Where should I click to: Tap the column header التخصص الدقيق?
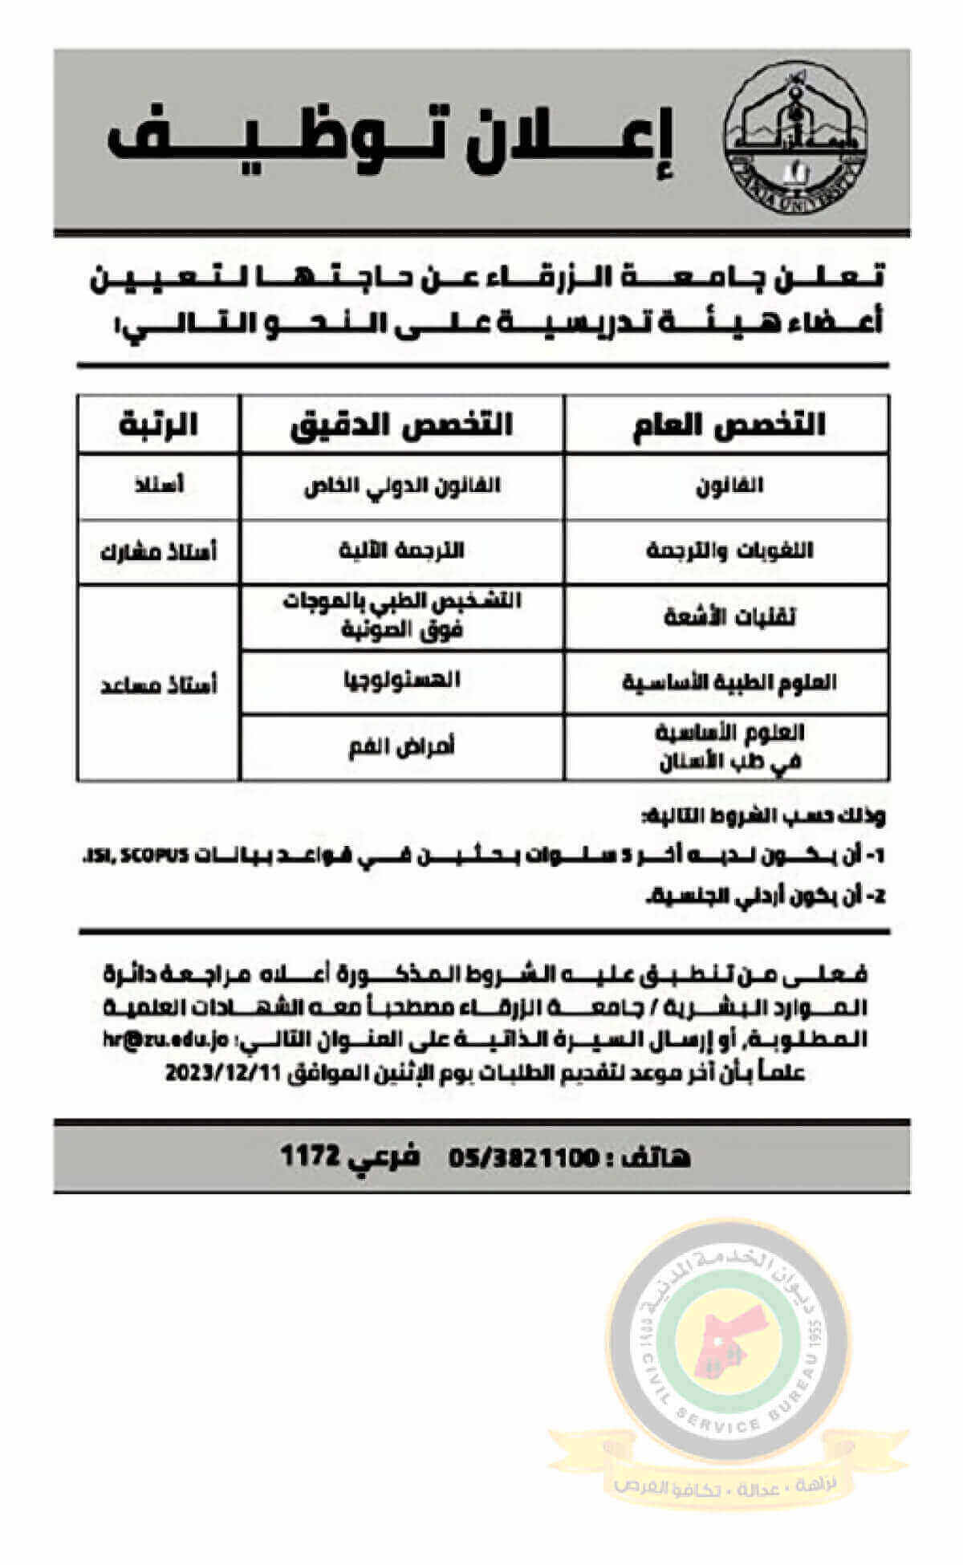coord(401,424)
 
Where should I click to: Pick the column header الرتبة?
coord(158,424)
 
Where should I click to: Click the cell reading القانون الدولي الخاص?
coord(401,486)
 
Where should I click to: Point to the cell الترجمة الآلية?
coord(401,551)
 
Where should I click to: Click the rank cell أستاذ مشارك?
coord(158,552)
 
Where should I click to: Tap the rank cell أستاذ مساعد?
coord(158,685)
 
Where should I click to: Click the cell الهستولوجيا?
coord(401,681)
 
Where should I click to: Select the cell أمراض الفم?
coord(401,747)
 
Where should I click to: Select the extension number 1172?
coord(312,1156)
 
